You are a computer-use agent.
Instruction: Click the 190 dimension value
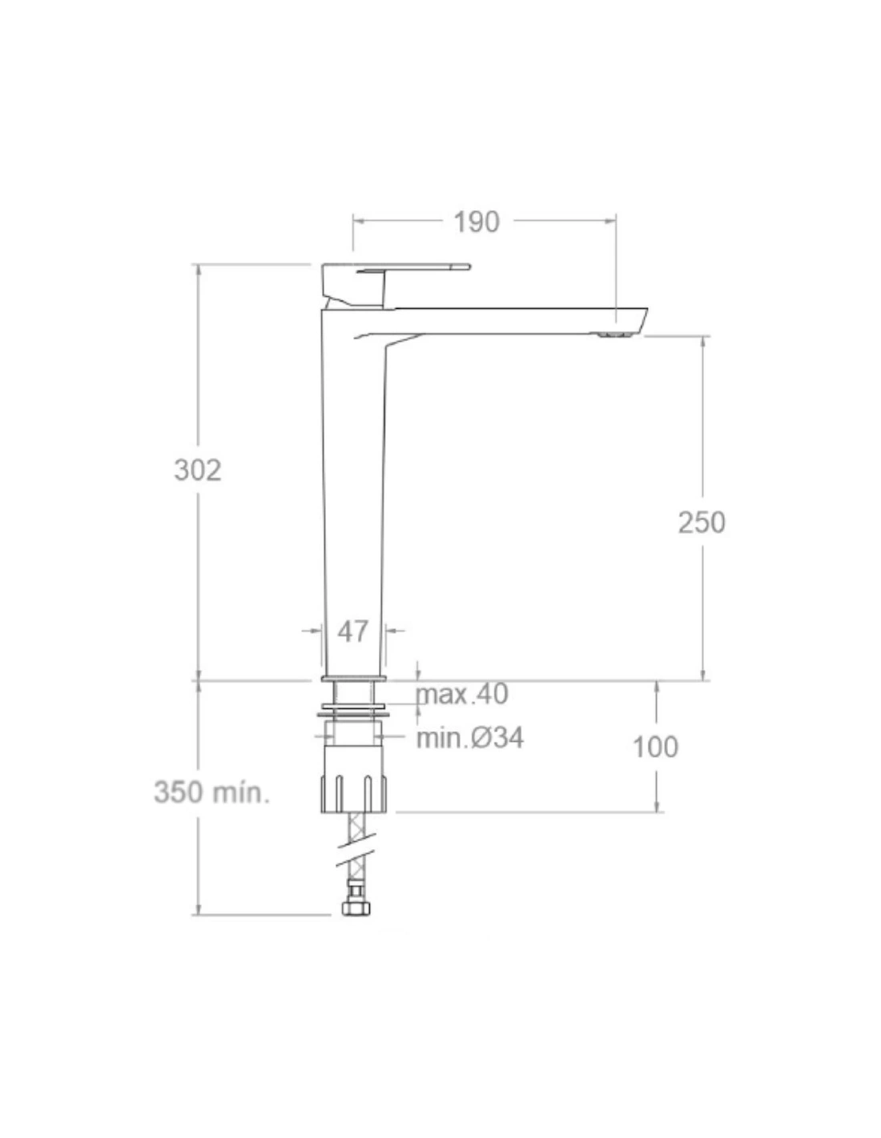point(476,222)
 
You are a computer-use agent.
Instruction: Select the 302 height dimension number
point(198,470)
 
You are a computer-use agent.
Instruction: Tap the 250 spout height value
point(702,522)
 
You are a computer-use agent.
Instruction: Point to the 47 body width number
point(352,631)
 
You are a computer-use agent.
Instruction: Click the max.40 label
point(462,695)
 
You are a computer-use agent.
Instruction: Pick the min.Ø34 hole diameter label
point(470,739)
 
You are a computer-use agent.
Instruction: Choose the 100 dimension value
point(656,747)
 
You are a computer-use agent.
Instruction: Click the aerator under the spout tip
point(614,335)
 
